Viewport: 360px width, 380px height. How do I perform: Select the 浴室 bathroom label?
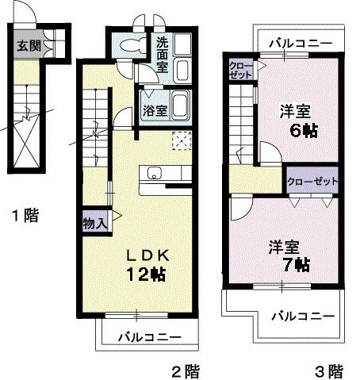[154, 109]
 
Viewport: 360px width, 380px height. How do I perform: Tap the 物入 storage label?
[94, 223]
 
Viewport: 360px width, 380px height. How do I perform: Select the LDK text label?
[150, 255]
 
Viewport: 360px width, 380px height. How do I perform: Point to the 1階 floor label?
[25, 214]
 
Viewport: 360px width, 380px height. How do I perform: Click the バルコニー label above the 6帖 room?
[299, 43]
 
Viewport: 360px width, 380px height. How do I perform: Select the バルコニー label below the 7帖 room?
[302, 316]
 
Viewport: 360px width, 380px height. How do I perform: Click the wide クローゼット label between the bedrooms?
[312, 181]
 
